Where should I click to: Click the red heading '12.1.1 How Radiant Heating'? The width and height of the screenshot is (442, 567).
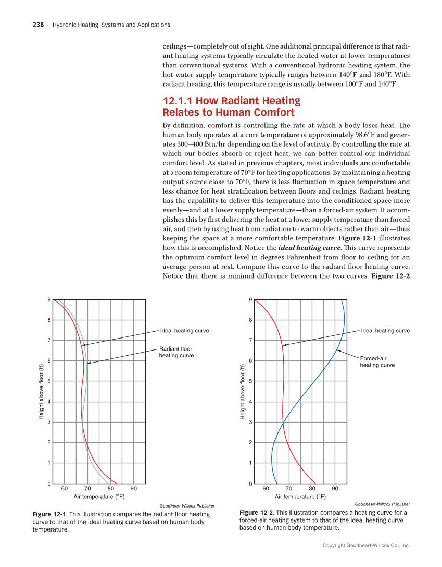(232, 101)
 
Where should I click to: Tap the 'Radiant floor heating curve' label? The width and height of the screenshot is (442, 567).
(176, 352)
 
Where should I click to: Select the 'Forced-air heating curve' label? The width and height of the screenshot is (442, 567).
(377, 361)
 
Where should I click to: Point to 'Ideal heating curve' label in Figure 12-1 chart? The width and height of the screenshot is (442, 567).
(184, 331)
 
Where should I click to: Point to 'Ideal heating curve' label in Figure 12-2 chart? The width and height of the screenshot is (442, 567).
(385, 331)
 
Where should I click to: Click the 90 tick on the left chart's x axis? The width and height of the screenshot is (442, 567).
(134, 489)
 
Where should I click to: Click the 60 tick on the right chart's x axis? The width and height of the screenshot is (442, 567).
(266, 489)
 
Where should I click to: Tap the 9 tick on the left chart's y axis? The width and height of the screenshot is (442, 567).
(49, 300)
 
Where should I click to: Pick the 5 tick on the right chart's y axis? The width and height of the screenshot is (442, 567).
(250, 381)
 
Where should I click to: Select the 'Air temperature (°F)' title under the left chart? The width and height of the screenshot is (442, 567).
(99, 497)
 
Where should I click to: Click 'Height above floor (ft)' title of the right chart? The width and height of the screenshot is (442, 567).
(243, 392)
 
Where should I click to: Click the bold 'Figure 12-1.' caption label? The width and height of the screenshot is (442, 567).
(50, 514)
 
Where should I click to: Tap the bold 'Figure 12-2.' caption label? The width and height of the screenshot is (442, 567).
(257, 513)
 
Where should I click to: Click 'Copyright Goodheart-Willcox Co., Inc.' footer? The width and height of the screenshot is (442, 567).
(366, 545)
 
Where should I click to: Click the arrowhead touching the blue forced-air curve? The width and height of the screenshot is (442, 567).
(338, 351)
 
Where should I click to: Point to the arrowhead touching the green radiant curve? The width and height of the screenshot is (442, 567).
(89, 363)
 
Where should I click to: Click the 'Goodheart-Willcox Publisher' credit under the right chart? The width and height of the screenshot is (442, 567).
(382, 504)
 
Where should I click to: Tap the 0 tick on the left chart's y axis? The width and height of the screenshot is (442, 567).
(49, 484)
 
